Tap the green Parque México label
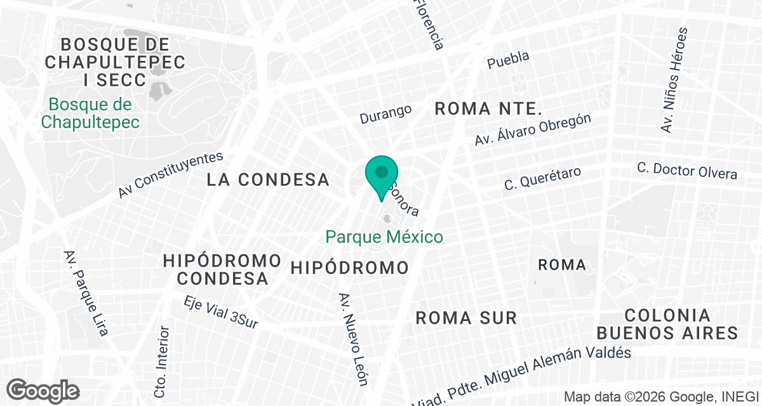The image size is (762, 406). coord(384,237)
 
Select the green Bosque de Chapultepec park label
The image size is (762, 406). coord(90,113)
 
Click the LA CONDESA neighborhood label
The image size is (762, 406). coord(268,180)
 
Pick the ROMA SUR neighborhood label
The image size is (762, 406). coord(466,318)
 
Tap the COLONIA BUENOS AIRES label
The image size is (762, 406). coord(667,324)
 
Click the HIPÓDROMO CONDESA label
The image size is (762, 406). coord(222,269)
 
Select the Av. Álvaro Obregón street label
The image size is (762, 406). coord(533,131)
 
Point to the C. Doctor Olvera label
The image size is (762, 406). coord(687,170)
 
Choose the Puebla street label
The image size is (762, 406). coord(508,60)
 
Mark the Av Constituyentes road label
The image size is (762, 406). coord(171,174)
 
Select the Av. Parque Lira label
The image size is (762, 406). coord(86,292)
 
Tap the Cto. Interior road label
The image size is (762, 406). coord(163,362)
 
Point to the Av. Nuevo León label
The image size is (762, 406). coord(353,339)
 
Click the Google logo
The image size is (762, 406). coord(43,390)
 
